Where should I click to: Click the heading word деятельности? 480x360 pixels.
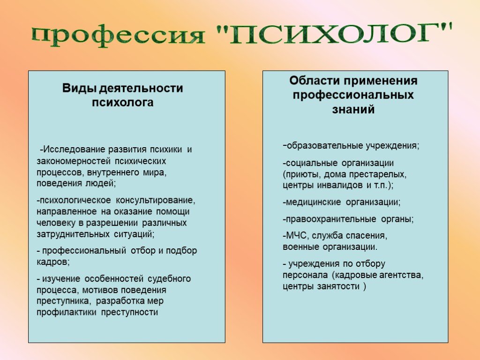click(x=142, y=89)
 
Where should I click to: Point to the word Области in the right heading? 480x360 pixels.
click(x=314, y=81)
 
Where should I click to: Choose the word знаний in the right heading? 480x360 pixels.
click(x=353, y=109)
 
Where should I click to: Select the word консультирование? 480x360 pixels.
click(x=155, y=201)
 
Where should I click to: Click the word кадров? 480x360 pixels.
click(x=52, y=262)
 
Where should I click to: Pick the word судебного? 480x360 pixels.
click(x=169, y=279)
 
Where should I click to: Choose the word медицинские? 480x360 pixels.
click(x=313, y=202)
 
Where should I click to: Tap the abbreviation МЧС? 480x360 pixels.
click(x=294, y=236)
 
